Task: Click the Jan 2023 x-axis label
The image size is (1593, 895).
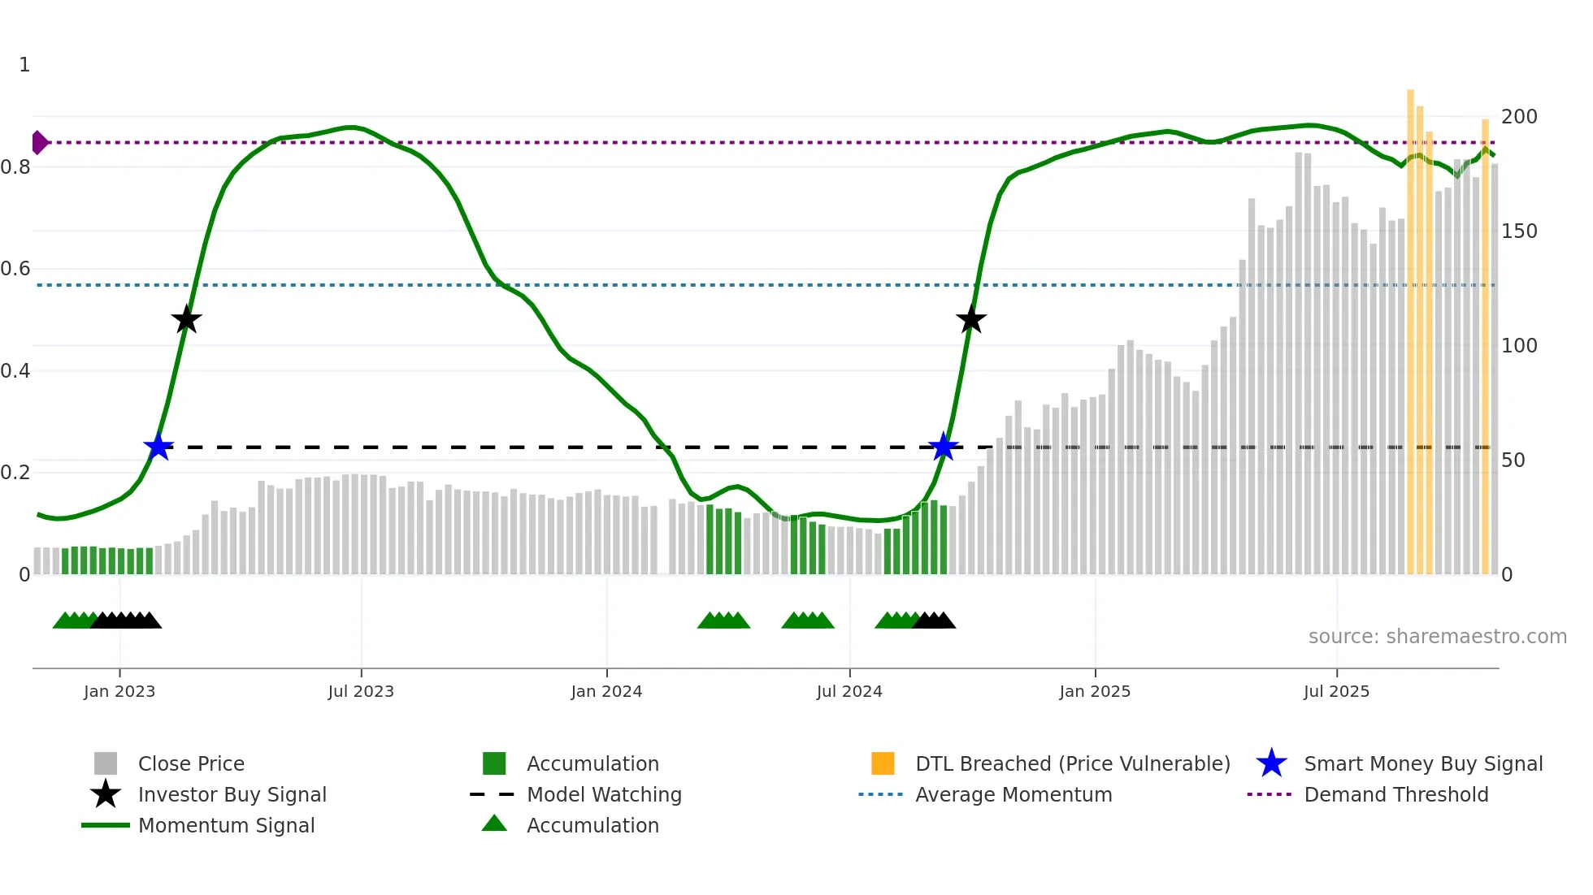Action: [x=119, y=691]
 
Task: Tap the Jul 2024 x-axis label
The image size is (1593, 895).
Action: [x=849, y=691]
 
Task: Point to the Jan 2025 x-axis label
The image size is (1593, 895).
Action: [x=1095, y=691]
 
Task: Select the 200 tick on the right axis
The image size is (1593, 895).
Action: [x=1519, y=117]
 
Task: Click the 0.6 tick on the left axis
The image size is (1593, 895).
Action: [x=15, y=269]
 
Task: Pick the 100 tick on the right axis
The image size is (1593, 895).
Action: [x=1519, y=346]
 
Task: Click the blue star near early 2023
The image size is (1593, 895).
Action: [x=158, y=447]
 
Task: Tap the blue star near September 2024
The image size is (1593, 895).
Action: [x=943, y=447]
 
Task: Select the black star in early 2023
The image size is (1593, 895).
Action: [x=186, y=319]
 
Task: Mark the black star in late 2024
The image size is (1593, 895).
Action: [x=970, y=319]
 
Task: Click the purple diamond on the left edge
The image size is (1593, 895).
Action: [x=39, y=143]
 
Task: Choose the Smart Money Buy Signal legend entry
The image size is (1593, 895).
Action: [x=1422, y=764]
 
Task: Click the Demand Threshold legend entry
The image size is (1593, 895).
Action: [x=1396, y=795]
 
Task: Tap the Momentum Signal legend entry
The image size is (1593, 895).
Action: [x=226, y=826]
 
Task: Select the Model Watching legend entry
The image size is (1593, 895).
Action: [x=604, y=795]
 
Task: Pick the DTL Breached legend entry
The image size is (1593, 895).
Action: [x=1072, y=764]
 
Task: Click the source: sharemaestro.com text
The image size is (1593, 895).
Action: [x=1437, y=637]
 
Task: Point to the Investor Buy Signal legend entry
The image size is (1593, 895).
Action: [x=232, y=795]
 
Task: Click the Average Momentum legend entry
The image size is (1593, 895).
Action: [x=1014, y=795]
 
